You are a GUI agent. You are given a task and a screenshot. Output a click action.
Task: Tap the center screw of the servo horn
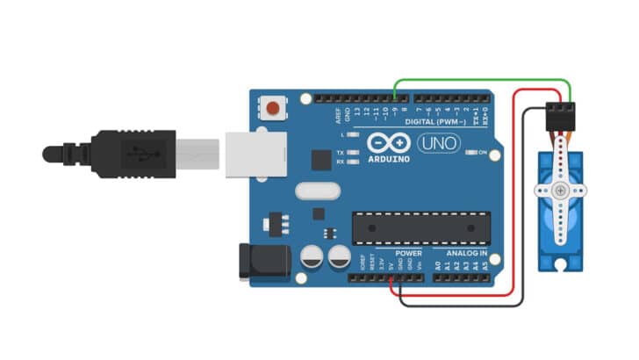[560, 191]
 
